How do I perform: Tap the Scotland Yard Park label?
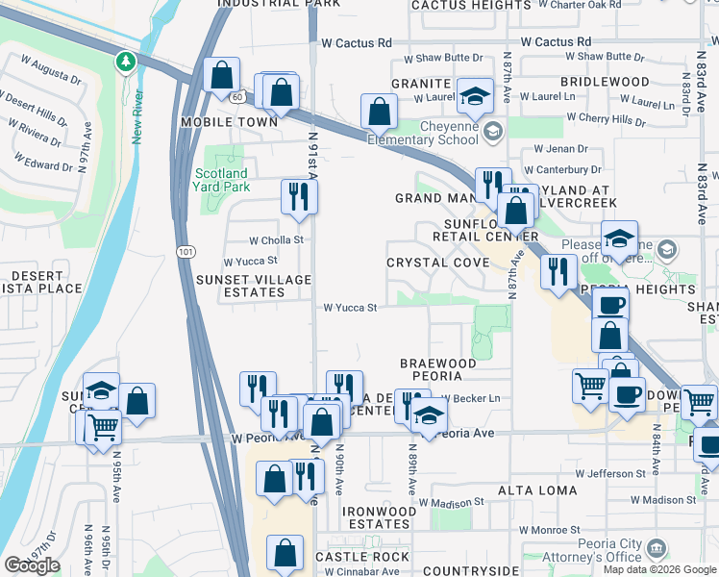pos(222,180)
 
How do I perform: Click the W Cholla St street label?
pos(276,240)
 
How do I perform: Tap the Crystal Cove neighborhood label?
pos(431,263)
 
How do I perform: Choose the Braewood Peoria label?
pos(438,370)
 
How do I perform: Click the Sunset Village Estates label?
pos(254,286)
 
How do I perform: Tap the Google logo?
pos(32,565)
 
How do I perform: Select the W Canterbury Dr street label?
pos(560,170)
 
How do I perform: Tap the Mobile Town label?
pos(229,122)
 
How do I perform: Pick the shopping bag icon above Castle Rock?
pos(285,553)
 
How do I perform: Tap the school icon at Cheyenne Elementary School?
pos(492,131)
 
